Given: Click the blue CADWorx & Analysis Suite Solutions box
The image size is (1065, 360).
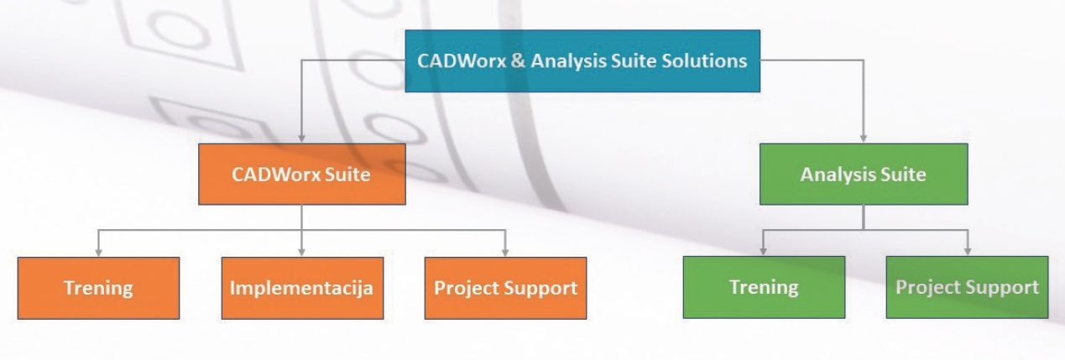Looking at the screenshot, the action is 582,61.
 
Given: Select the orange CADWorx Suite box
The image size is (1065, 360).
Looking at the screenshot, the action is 302,174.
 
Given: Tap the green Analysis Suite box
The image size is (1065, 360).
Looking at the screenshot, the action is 864,174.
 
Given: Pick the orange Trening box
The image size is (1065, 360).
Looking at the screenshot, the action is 98,288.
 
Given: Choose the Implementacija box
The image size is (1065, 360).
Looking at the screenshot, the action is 302,288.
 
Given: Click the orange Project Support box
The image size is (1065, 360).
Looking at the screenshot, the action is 505,288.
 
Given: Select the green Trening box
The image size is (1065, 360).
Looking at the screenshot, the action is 764,287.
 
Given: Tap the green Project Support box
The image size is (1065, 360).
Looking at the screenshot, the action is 967,287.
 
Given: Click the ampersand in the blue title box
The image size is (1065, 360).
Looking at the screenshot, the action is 519,61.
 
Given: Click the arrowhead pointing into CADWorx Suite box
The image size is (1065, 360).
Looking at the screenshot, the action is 301,138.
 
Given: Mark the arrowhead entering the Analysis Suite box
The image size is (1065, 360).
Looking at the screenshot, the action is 863,138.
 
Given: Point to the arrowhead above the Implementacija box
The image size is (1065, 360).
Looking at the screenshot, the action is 301,252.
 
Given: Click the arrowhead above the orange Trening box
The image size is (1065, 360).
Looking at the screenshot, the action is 98,252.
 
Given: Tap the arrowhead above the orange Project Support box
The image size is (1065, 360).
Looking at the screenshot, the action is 505,252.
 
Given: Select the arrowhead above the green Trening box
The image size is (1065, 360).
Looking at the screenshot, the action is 763,251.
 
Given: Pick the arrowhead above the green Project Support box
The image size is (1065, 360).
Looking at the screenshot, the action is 967,251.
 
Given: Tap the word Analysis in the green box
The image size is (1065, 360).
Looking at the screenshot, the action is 838,175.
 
